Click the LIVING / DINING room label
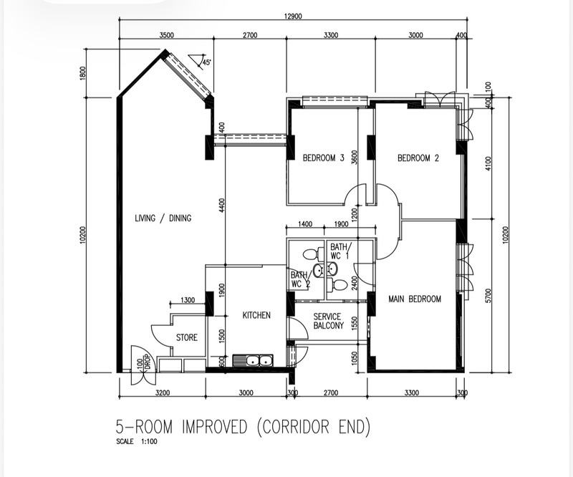coord(163,218)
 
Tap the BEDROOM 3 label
coord(324,158)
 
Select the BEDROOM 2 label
coord(418,158)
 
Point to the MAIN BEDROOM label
coord(415,299)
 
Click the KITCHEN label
coord(256,315)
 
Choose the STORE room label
coord(187,337)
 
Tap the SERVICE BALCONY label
coord(329,321)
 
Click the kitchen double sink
coord(253,361)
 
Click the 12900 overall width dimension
coord(293,16)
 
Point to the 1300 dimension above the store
coord(188,300)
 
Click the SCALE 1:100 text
coord(137,441)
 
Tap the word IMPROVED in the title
coord(215,427)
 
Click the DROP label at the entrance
coord(147,362)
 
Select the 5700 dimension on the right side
coord(490,296)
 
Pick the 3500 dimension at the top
coord(167,36)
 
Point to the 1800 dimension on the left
coord(83,74)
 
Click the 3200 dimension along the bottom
coord(163,393)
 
